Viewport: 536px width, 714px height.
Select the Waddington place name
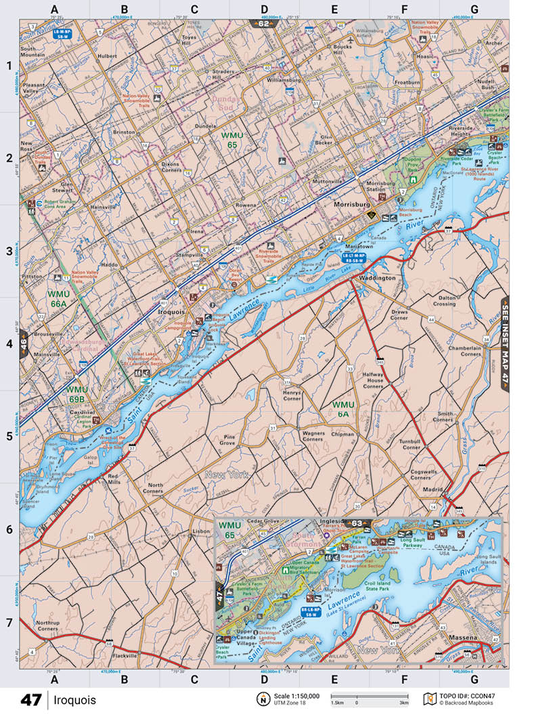pos(378,278)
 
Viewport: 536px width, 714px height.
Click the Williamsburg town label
pos(288,80)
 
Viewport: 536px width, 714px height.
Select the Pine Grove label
pos(229,440)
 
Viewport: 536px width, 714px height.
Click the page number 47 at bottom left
pos(30,700)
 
